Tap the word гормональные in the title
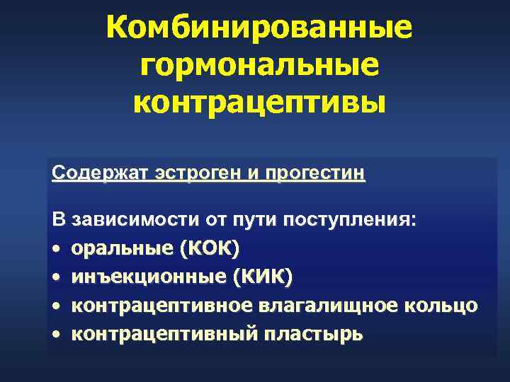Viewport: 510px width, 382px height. [259, 66]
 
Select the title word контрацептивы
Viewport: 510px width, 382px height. [259, 103]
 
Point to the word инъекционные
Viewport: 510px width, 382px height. [148, 277]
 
